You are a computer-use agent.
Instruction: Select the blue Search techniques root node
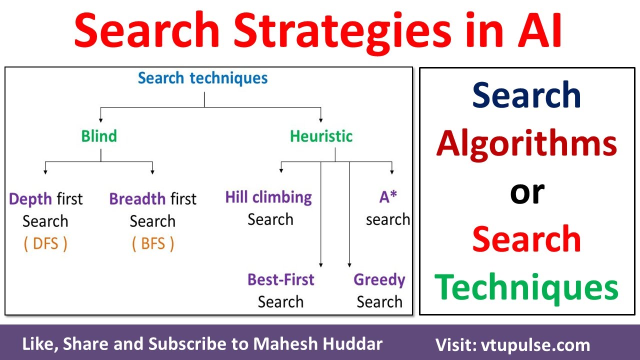pos(203,78)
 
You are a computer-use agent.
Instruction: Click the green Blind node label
pos(99,136)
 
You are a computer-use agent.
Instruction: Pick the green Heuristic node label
pos(321,136)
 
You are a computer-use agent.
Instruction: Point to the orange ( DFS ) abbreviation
pos(45,244)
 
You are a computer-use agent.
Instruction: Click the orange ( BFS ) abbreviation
pos(153,244)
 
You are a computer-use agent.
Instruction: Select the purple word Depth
pos(31,199)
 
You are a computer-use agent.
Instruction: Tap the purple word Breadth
pos(137,199)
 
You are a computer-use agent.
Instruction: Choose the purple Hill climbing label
pos(268,197)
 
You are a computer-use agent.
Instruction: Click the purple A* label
pos(388,197)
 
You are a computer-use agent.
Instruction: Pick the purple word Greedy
pos(379,279)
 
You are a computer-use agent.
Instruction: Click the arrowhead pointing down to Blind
pos(101,120)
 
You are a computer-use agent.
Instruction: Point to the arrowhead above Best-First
pos(320,264)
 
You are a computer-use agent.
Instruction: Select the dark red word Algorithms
pos(526,143)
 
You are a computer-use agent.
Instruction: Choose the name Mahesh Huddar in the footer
pos(318,344)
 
